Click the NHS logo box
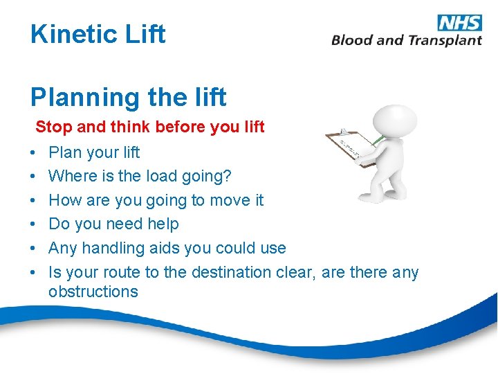[x=460, y=22]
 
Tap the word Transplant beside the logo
[x=444, y=40]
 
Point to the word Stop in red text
[x=49, y=127]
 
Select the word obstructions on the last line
[x=93, y=292]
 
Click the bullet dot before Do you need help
[x=34, y=224]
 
